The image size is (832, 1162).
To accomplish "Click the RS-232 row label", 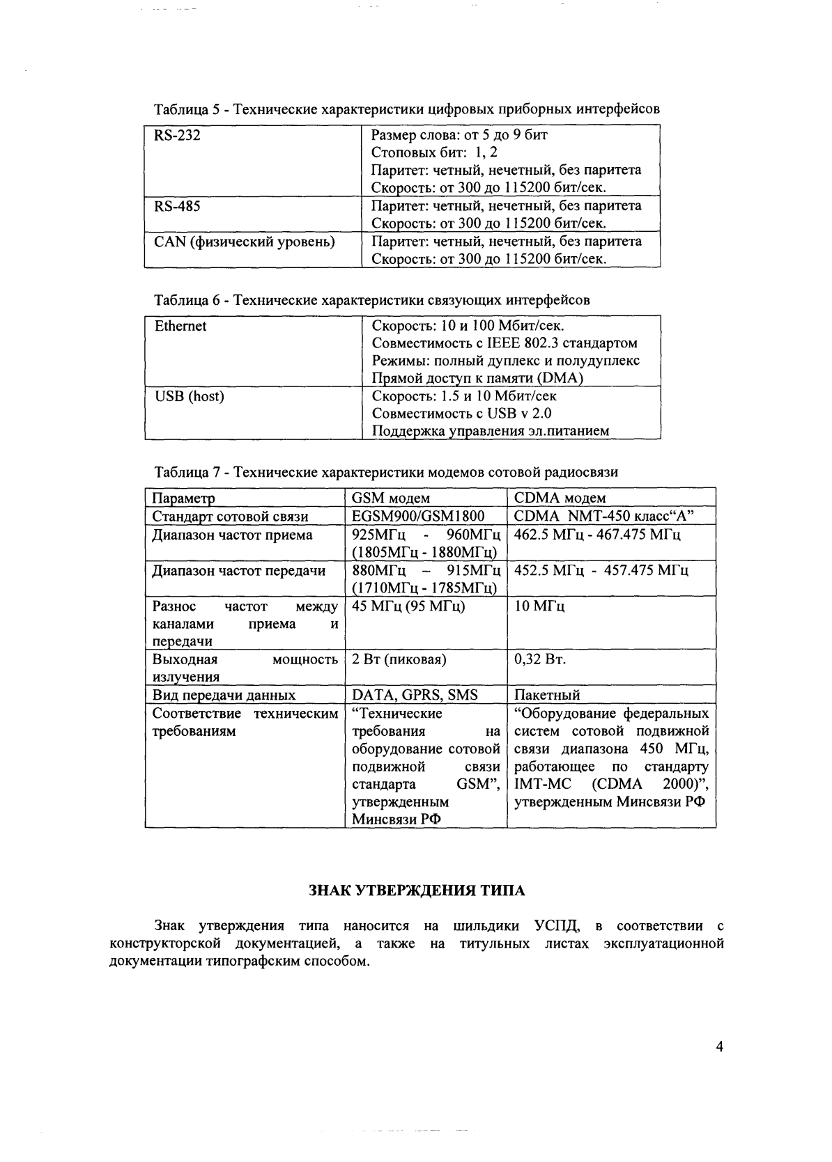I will (x=177, y=136).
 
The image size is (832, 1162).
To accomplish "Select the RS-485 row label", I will (x=177, y=206).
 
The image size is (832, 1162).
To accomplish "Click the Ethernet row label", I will (x=180, y=326).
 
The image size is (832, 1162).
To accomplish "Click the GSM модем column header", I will (x=390, y=498).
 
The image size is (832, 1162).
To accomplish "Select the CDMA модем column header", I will (x=560, y=498).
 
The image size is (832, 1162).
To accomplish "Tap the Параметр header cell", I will (x=183, y=498).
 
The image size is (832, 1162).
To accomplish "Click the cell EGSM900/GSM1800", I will (x=418, y=516).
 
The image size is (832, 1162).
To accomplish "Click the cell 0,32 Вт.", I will (x=539, y=659).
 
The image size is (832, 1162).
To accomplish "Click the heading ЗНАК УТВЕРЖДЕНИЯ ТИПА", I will (x=417, y=890).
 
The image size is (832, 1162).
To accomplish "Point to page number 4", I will (x=720, y=1046).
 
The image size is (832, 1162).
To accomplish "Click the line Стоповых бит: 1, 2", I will (x=434, y=152).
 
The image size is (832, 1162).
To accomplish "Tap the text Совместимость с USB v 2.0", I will (x=461, y=414).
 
